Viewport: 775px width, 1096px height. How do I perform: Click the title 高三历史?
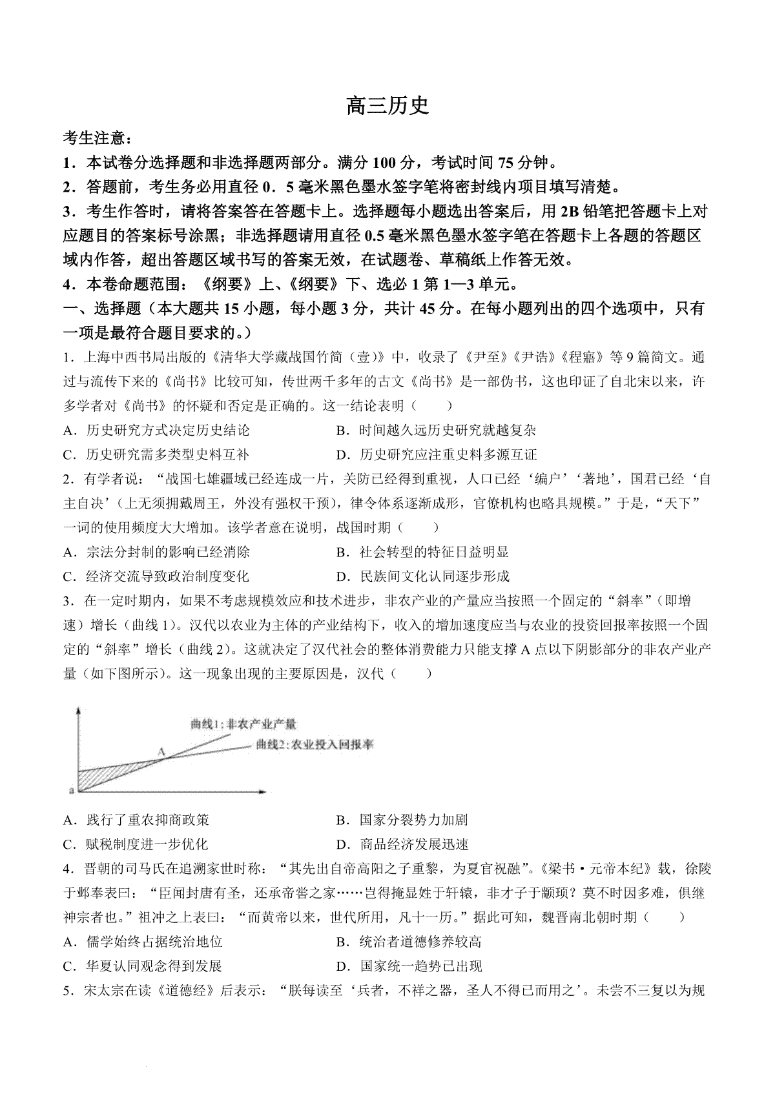click(387, 105)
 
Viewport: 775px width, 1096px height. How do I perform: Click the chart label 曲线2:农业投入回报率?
click(315, 744)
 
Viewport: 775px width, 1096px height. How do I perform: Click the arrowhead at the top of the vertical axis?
click(78, 711)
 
